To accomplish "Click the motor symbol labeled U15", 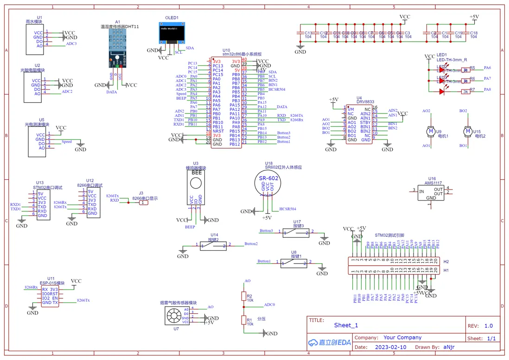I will pos(467,132).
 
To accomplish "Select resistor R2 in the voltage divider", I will pos(243,296).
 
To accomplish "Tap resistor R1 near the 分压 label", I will pos(243,320).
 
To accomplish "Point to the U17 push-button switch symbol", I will pos(297,234).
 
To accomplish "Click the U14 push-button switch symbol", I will pos(213,246).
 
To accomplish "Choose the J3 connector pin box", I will pos(144,202).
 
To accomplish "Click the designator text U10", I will pos(226,50).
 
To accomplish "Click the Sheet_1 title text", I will pos(346,325).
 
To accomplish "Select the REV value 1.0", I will pos(488,326).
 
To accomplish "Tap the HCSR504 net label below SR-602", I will pos(287,209).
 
